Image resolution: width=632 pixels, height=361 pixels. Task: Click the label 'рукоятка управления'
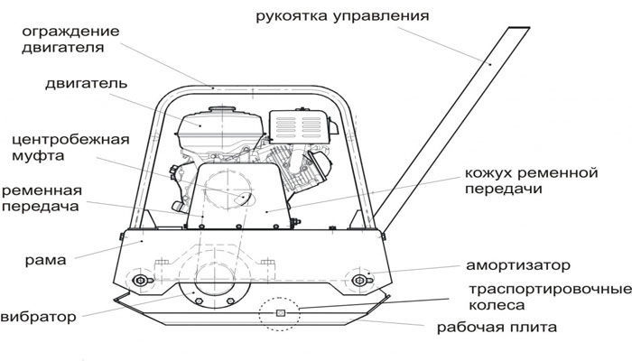coord(342,16)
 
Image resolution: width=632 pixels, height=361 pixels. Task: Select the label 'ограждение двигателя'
coord(70,39)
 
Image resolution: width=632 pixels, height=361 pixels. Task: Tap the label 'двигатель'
coord(87,83)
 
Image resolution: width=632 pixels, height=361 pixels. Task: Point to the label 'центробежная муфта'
coord(70,147)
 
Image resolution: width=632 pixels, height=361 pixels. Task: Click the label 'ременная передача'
coord(42,199)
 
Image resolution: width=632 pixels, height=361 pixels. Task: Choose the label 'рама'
coord(45,260)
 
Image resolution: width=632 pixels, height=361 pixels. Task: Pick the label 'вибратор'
coord(38,317)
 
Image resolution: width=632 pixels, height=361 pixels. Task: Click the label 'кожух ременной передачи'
coord(531,180)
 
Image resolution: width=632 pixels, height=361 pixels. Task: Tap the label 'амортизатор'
coord(518,265)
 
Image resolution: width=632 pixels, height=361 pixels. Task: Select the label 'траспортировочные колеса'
coord(550,297)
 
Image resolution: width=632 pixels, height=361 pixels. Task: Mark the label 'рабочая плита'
coord(497,327)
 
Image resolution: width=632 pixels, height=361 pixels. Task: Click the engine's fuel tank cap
coord(222,109)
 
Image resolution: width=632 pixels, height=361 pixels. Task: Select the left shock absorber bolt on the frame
coord(141,280)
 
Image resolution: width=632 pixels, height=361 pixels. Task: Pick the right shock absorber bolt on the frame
coord(359,280)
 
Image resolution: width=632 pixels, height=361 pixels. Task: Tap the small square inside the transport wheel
coord(280,313)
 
